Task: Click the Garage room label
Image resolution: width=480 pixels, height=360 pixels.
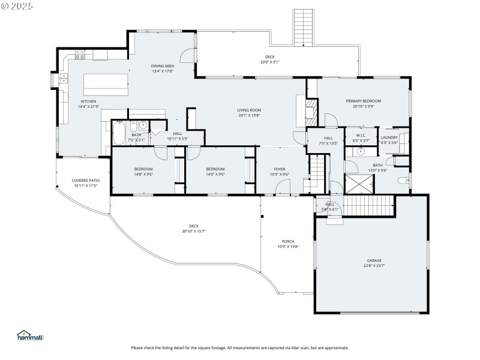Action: click(x=374, y=260)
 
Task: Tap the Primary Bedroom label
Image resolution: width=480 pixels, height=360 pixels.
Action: click(x=363, y=101)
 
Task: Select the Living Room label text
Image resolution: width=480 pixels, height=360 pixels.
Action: click(x=249, y=110)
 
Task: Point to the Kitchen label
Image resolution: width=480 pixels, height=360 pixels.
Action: click(x=88, y=101)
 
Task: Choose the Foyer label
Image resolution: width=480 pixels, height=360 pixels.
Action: click(x=280, y=169)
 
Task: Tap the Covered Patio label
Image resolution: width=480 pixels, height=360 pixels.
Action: click(x=85, y=180)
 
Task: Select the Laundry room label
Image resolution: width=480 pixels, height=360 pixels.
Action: click(x=389, y=137)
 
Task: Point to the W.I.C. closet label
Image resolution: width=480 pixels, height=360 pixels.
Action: click(x=361, y=135)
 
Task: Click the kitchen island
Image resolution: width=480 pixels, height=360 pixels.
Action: click(x=106, y=84)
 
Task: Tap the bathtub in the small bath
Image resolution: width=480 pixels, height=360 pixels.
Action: click(x=118, y=134)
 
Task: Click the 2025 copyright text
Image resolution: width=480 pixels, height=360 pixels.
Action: click(x=17, y=5)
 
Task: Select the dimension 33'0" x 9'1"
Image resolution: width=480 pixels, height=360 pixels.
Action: click(x=270, y=62)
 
